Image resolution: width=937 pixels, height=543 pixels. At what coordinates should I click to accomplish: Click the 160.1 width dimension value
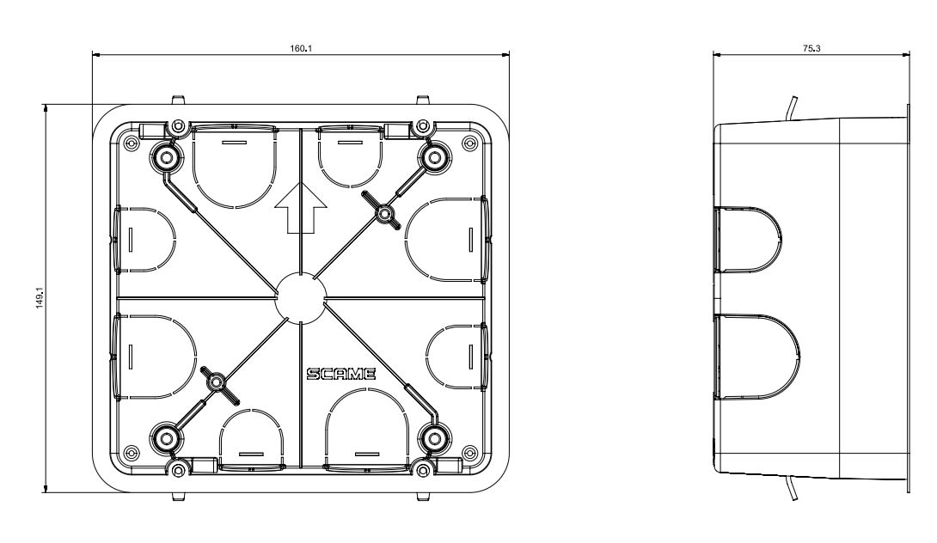pyautogui.click(x=301, y=48)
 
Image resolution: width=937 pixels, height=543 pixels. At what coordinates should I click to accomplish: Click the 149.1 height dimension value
pyautogui.click(x=40, y=299)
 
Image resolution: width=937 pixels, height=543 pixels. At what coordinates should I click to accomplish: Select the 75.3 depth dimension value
pyautogui.click(x=811, y=48)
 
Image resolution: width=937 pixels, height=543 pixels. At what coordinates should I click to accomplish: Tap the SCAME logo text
pyautogui.click(x=341, y=374)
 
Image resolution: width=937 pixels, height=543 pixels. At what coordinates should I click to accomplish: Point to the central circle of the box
pyautogui.click(x=301, y=297)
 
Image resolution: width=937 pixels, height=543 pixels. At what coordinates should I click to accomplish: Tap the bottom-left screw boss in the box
pyautogui.click(x=166, y=439)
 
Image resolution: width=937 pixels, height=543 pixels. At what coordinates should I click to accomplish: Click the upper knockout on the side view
pyautogui.click(x=747, y=240)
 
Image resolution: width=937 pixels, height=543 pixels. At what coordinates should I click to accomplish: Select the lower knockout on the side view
pyautogui.click(x=756, y=357)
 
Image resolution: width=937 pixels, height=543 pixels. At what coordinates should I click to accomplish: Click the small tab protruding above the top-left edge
pyautogui.click(x=177, y=99)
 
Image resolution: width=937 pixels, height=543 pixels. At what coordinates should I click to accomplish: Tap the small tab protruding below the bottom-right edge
pyautogui.click(x=423, y=497)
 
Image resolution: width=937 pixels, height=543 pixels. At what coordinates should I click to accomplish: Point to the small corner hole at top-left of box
pyautogui.click(x=128, y=142)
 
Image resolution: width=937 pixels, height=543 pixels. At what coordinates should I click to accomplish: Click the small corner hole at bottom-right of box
pyautogui.click(x=469, y=452)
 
